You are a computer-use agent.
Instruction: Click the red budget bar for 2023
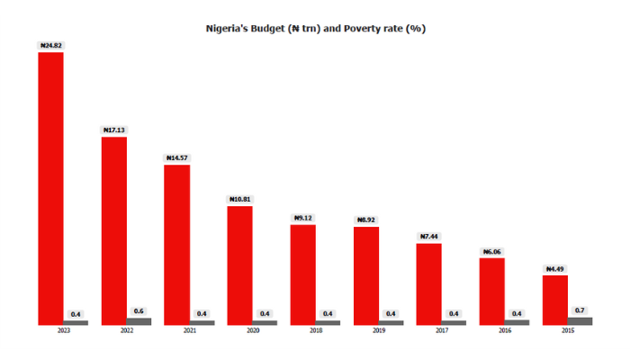pyautogui.click(x=50, y=188)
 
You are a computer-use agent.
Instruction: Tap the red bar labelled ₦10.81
pyautogui.click(x=239, y=265)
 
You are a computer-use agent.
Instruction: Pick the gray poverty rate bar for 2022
pyautogui.click(x=139, y=321)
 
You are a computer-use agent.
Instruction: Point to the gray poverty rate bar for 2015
pyautogui.click(x=580, y=320)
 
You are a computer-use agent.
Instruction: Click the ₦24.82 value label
pyautogui.click(x=50, y=45)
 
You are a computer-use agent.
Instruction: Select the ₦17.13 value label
pyautogui.click(x=113, y=130)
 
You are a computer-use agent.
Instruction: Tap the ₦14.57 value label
pyautogui.click(x=176, y=157)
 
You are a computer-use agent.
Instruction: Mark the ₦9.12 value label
pyautogui.click(x=303, y=218)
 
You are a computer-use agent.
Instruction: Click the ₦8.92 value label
pyautogui.click(x=366, y=220)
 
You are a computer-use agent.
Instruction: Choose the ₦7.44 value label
pyautogui.click(x=429, y=236)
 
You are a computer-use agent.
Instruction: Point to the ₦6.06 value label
pyautogui.click(x=492, y=251)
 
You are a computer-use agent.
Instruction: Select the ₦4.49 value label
pyautogui.click(x=555, y=268)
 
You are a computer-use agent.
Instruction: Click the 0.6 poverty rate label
pyautogui.click(x=139, y=310)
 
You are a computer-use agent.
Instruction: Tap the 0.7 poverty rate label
pyautogui.click(x=580, y=310)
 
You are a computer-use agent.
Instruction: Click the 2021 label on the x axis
pyautogui.click(x=189, y=331)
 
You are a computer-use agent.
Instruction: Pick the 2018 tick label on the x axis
pyautogui.click(x=316, y=331)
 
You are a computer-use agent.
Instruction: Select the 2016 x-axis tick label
pyautogui.click(x=505, y=331)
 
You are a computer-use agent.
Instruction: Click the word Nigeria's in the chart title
pyautogui.click(x=230, y=28)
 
